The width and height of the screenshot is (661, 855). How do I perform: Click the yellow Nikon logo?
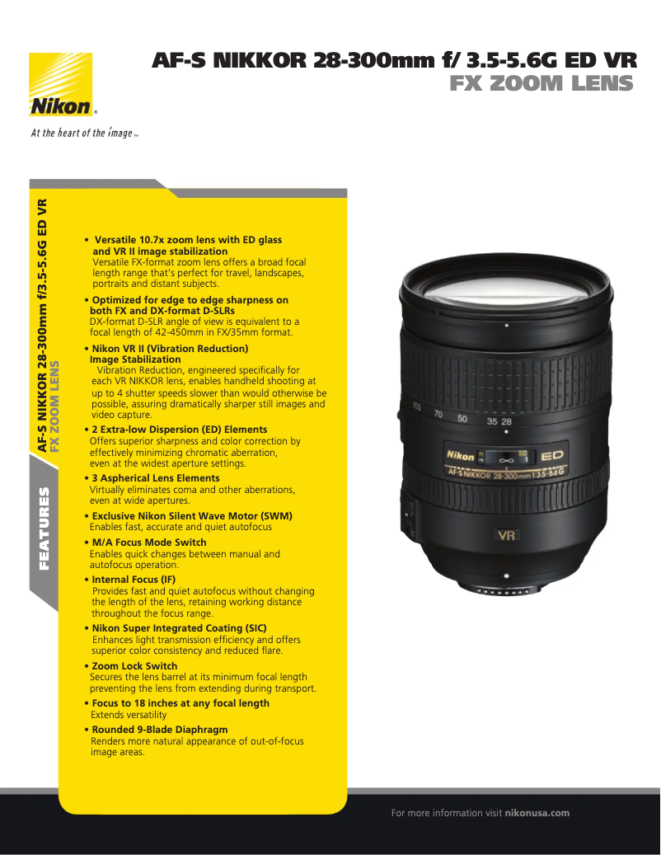(61, 86)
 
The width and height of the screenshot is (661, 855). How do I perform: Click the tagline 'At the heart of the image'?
(82, 133)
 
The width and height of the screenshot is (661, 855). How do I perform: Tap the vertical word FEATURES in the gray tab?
(45, 529)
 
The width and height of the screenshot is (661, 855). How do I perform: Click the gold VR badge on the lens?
(505, 535)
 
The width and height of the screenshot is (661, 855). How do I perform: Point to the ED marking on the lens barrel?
(552, 456)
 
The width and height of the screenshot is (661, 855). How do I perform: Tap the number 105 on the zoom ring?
(416, 406)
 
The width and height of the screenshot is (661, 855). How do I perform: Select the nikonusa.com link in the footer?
(537, 813)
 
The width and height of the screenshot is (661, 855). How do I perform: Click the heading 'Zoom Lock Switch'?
(134, 665)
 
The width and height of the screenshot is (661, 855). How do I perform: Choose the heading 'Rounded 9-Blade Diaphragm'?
(160, 730)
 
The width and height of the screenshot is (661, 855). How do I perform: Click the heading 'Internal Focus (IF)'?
(134, 580)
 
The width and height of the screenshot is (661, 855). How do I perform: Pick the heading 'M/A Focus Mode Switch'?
(146, 543)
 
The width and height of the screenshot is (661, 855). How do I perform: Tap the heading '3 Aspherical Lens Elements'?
(156, 478)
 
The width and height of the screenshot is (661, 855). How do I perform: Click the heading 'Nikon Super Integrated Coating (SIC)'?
(179, 628)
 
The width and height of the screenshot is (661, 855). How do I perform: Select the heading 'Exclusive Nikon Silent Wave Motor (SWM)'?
(192, 516)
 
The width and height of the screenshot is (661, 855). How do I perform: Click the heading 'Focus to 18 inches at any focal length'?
(180, 703)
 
